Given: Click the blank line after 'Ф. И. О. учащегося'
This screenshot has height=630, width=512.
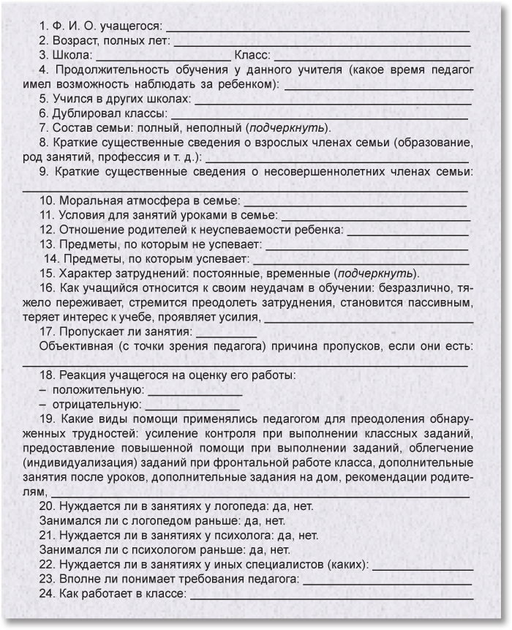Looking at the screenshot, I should (317, 31).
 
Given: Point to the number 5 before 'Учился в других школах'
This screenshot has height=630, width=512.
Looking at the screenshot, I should (43, 98).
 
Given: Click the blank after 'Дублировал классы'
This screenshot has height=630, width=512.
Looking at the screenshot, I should (320, 116).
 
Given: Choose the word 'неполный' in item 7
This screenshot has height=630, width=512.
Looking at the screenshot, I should (219, 127).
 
